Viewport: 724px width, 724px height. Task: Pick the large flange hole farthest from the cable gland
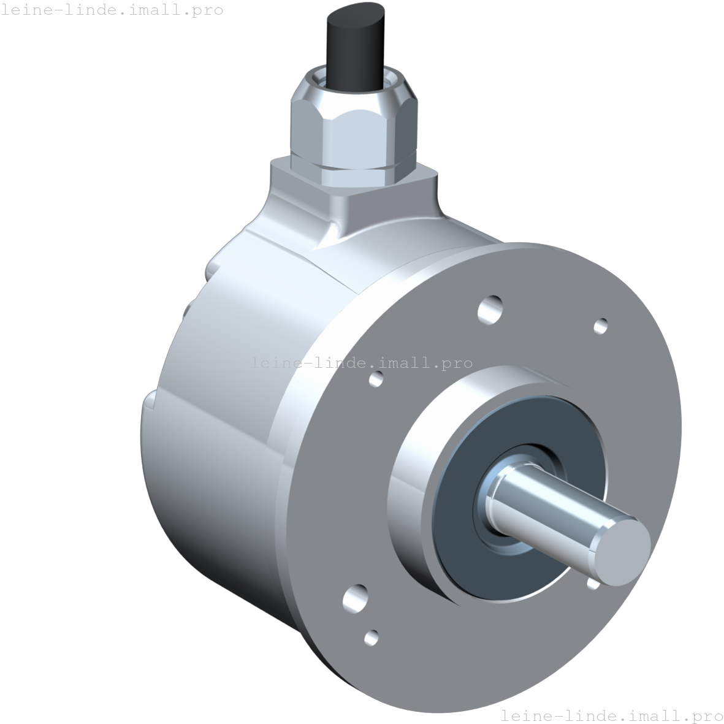click(x=356, y=598)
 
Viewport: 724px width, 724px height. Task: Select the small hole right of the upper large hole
click(x=601, y=326)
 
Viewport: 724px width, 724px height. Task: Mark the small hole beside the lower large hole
click(x=372, y=638)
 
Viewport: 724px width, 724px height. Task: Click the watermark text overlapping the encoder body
click(x=361, y=363)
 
